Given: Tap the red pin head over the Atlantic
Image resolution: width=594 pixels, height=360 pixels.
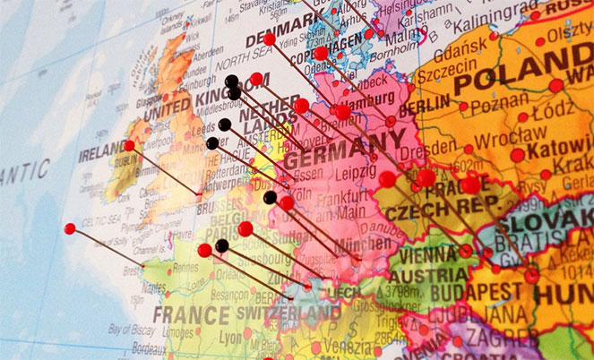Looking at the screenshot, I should [70, 228].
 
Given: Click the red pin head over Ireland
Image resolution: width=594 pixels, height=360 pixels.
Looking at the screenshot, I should [129, 145].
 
